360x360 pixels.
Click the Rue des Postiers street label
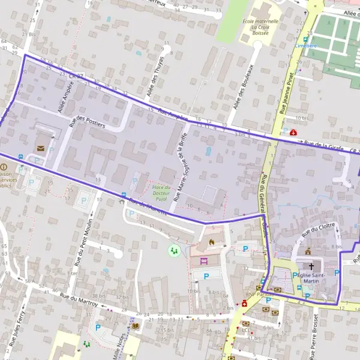click(x=87, y=122)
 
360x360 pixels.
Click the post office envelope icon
click(x=41, y=147)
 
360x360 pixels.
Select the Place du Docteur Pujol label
click(x=161, y=192)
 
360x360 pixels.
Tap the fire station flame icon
click(x=211, y=242)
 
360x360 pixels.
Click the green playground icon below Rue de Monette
click(x=174, y=250)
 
